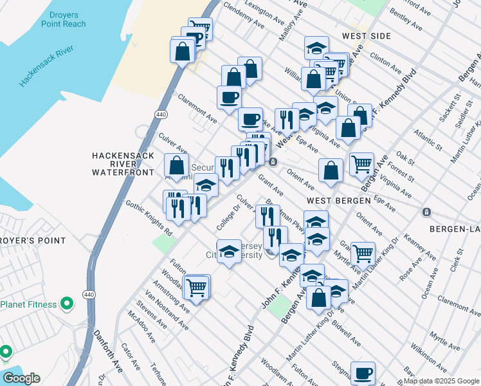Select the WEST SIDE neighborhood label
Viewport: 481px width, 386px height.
click(367, 36)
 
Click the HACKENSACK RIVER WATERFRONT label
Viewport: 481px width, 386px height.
click(123, 164)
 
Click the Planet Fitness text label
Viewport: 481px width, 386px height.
click(29, 304)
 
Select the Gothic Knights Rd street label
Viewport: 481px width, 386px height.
click(149, 217)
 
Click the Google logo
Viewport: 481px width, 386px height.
click(21, 378)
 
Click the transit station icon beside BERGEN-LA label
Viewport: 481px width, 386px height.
click(426, 212)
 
